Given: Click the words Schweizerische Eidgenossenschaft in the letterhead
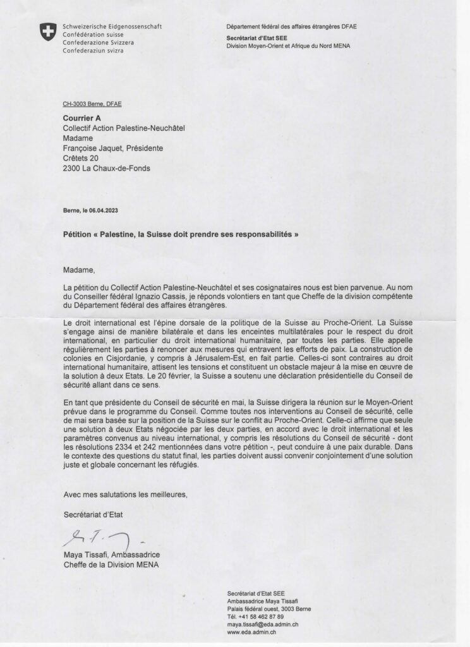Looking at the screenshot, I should click(112, 26).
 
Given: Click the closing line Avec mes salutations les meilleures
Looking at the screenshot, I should click(126, 493).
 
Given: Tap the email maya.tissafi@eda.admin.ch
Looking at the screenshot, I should click(262, 624).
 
